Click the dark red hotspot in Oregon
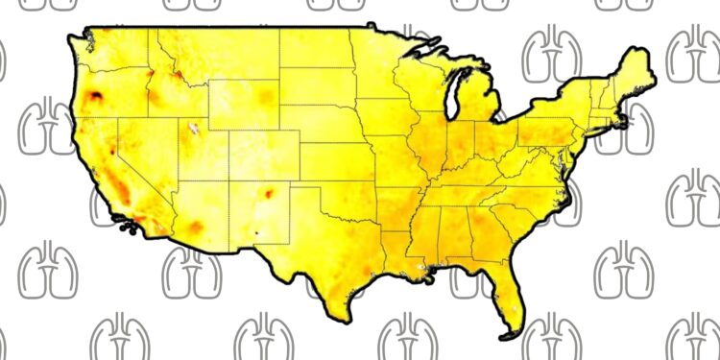[97, 95]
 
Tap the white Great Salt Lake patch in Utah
[194, 128]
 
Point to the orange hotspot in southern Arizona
[196, 227]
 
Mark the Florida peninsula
[514, 298]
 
